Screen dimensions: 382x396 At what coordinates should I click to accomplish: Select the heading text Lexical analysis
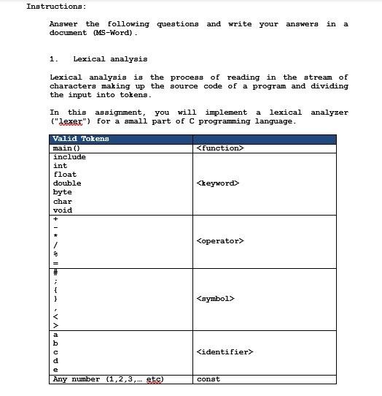(110, 59)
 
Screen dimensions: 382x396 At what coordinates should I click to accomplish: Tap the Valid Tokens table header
(81, 139)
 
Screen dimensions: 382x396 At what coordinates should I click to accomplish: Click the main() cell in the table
(67, 148)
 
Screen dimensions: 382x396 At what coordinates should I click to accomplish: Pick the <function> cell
(220, 148)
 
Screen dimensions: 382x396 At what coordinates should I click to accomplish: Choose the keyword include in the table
(69, 157)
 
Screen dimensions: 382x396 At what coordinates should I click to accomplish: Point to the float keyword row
(65, 175)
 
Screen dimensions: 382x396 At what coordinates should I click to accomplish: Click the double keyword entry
(67, 183)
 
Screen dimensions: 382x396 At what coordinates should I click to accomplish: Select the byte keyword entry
(63, 192)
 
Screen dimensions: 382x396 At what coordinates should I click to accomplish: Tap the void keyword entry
(63, 210)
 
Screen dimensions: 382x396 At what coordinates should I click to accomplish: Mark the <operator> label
(220, 241)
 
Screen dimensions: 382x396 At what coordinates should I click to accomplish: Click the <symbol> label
(215, 299)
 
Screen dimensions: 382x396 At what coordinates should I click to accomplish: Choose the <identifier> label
(225, 352)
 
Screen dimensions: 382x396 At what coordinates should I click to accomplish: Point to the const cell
(208, 379)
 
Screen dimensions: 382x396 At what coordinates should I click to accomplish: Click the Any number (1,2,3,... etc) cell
(108, 379)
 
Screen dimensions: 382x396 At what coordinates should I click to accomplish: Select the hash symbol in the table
(55, 272)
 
